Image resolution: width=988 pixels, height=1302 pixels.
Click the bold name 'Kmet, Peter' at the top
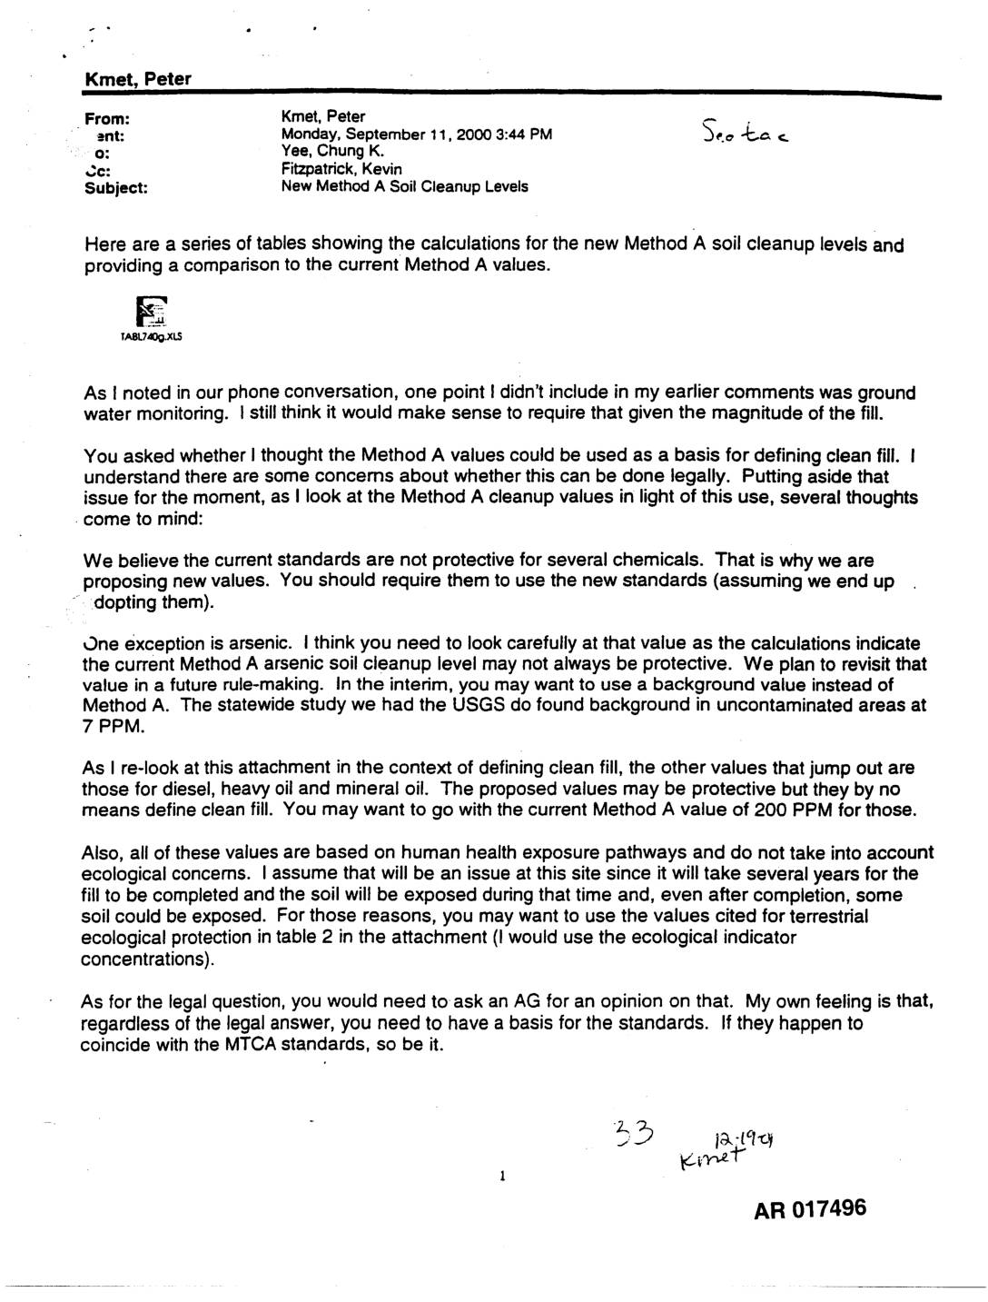click(x=137, y=80)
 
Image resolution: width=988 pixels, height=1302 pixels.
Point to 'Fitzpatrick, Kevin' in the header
click(x=341, y=169)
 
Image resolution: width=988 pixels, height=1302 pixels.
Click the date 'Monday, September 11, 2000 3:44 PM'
click(x=417, y=134)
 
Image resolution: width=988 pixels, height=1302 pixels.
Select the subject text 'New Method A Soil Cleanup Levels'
click(x=405, y=187)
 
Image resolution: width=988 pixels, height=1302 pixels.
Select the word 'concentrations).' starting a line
click(x=140, y=959)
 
